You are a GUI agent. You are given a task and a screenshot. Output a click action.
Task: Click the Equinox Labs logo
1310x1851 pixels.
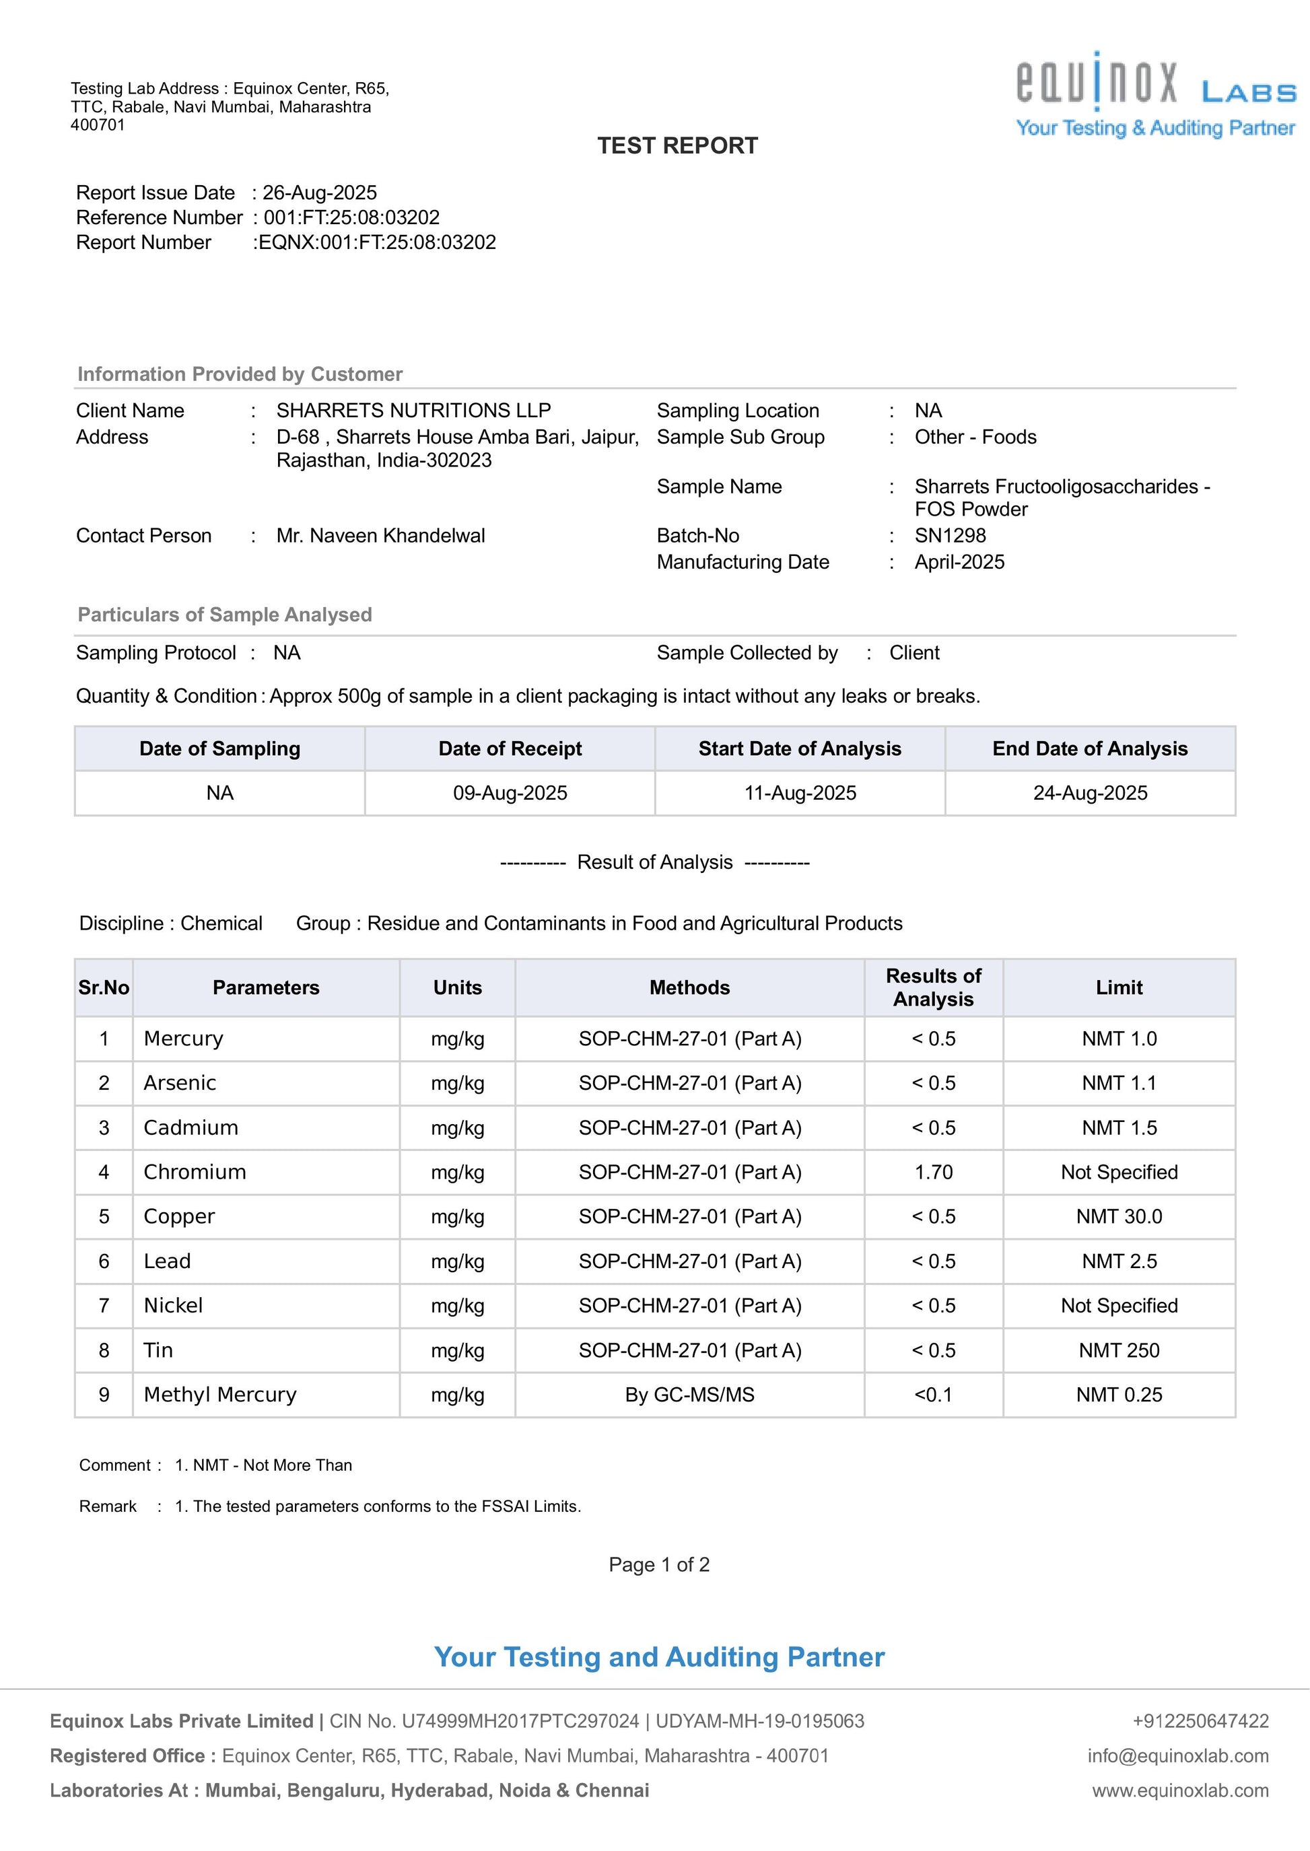pyautogui.click(x=1155, y=94)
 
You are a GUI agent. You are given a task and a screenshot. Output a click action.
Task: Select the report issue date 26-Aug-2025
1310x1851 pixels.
pyautogui.click(x=320, y=193)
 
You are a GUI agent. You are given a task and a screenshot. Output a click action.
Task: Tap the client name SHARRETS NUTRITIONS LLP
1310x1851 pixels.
pyautogui.click(x=413, y=411)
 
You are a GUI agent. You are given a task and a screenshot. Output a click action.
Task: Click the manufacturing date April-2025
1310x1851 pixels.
pyautogui.click(x=959, y=562)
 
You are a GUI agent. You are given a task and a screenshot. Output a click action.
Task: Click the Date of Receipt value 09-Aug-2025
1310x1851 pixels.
pyautogui.click(x=510, y=793)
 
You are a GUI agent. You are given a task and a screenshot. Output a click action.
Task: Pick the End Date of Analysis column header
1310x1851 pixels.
pyautogui.click(x=1089, y=748)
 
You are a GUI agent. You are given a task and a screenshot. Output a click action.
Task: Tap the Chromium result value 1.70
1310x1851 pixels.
pyautogui.click(x=933, y=1172)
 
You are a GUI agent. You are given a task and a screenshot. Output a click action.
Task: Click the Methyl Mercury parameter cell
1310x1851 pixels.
pyautogui.click(x=220, y=1395)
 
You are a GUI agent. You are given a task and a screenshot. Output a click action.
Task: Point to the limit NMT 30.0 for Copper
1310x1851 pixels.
pyautogui.click(x=1118, y=1216)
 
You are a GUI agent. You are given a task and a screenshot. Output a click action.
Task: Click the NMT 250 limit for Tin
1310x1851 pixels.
pyautogui.click(x=1118, y=1350)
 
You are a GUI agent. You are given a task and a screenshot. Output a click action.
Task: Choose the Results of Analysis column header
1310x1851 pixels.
pyautogui.click(x=933, y=987)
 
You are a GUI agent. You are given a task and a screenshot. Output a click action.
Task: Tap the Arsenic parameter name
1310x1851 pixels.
pyautogui.click(x=180, y=1083)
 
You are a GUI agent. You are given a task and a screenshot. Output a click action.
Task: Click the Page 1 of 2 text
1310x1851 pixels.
pyautogui.click(x=658, y=1565)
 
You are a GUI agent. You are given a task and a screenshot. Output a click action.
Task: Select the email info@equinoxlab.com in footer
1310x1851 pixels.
pyautogui.click(x=1177, y=1756)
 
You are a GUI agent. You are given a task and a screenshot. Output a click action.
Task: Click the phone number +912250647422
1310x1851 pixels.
pyautogui.click(x=1200, y=1721)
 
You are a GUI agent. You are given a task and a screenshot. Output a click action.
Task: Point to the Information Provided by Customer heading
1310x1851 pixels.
pyautogui.click(x=240, y=374)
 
